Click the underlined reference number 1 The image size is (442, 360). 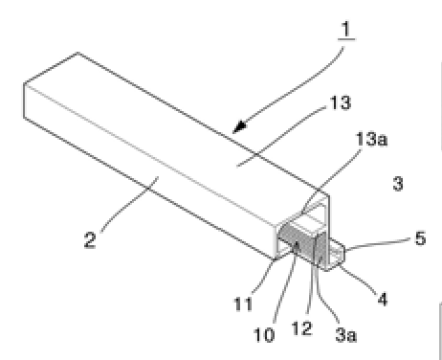(x=346, y=29)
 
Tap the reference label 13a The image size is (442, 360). (x=371, y=140)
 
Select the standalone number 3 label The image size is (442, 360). (x=398, y=184)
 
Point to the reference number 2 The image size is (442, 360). (x=90, y=240)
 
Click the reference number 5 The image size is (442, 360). (x=420, y=238)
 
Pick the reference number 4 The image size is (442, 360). (x=383, y=300)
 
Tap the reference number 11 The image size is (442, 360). (x=243, y=304)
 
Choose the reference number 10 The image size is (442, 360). (x=264, y=335)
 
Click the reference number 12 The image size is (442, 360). (x=301, y=328)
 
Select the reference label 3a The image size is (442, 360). (x=346, y=335)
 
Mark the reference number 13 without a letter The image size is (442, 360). (x=341, y=102)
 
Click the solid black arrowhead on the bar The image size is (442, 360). (x=239, y=126)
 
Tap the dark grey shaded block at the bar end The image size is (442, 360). (x=302, y=245)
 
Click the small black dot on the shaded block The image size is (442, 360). (x=297, y=246)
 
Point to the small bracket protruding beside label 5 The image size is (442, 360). (x=336, y=254)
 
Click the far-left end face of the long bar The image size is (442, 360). (x=25, y=101)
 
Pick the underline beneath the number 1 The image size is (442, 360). (x=346, y=39)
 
